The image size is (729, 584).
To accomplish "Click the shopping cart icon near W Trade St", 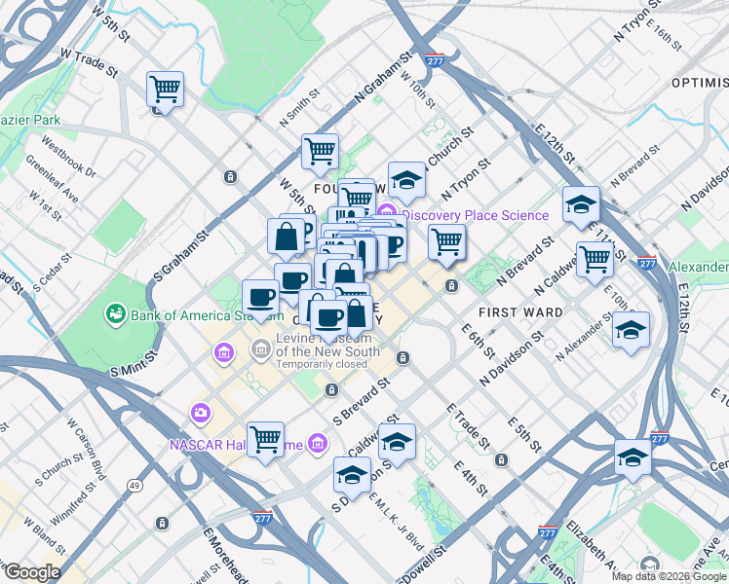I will [165, 91].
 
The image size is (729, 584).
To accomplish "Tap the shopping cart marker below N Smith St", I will [320, 152].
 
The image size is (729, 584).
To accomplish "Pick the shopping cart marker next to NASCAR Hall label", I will [265, 440].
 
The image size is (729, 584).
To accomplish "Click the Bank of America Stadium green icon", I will [116, 313].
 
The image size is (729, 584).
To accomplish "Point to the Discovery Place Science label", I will [475, 215].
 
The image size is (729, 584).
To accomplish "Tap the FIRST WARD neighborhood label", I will [521, 312].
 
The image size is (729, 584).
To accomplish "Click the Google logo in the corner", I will [31, 572].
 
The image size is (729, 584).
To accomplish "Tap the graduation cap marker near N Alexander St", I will [631, 330].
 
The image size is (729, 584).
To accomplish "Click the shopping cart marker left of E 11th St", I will [594, 259].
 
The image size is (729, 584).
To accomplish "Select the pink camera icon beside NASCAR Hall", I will [201, 412].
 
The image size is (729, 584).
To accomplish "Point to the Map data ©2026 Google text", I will [668, 576].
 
